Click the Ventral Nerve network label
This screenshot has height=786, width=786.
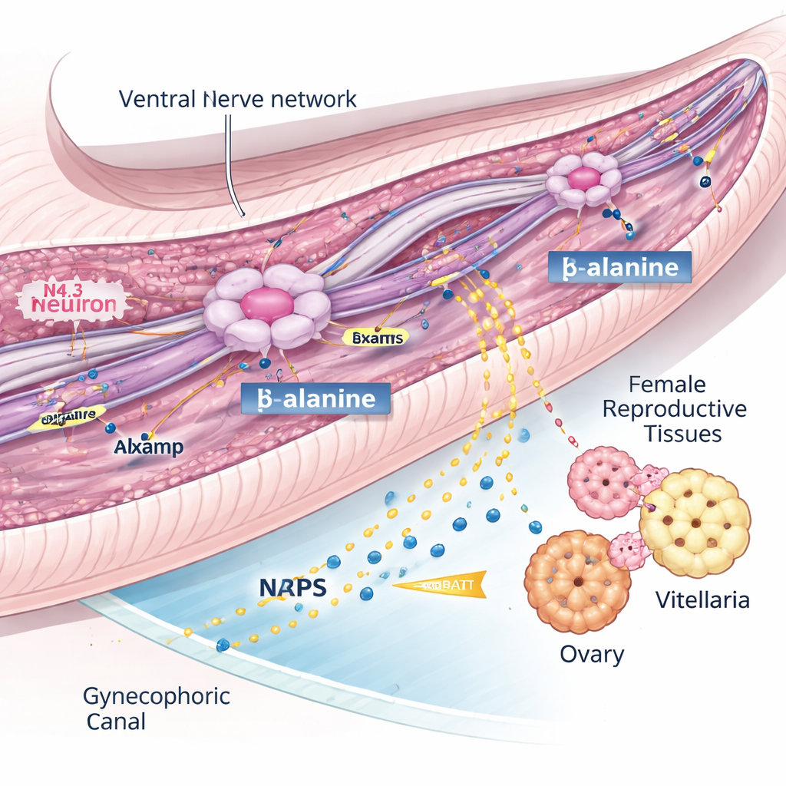[238, 99]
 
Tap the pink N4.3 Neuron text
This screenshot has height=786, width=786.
[74, 298]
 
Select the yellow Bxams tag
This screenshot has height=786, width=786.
[375, 336]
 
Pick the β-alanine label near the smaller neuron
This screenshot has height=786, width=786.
[620, 267]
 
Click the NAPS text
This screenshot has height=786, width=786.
[292, 587]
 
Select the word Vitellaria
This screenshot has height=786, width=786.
[702, 599]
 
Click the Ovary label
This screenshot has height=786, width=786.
[592, 655]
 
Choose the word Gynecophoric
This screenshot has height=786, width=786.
[157, 697]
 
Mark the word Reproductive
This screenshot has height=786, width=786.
[674, 408]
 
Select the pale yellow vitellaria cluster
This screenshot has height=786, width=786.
[694, 523]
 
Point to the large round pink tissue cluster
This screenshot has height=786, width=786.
[604, 482]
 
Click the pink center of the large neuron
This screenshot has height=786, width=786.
[266, 305]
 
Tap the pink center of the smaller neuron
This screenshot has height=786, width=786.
[584, 178]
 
